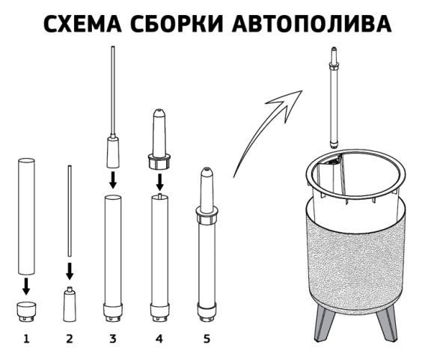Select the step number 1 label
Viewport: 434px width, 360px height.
pyautogui.click(x=26, y=339)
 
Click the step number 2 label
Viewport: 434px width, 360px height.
pyautogui.click(x=70, y=339)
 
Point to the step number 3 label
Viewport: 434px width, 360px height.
pyautogui.click(x=113, y=339)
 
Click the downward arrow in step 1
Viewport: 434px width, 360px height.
pyautogui.click(x=26, y=286)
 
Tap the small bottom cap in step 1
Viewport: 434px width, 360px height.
pyautogui.click(x=26, y=308)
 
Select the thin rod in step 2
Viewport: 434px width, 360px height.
pyautogui.click(x=70, y=213)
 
